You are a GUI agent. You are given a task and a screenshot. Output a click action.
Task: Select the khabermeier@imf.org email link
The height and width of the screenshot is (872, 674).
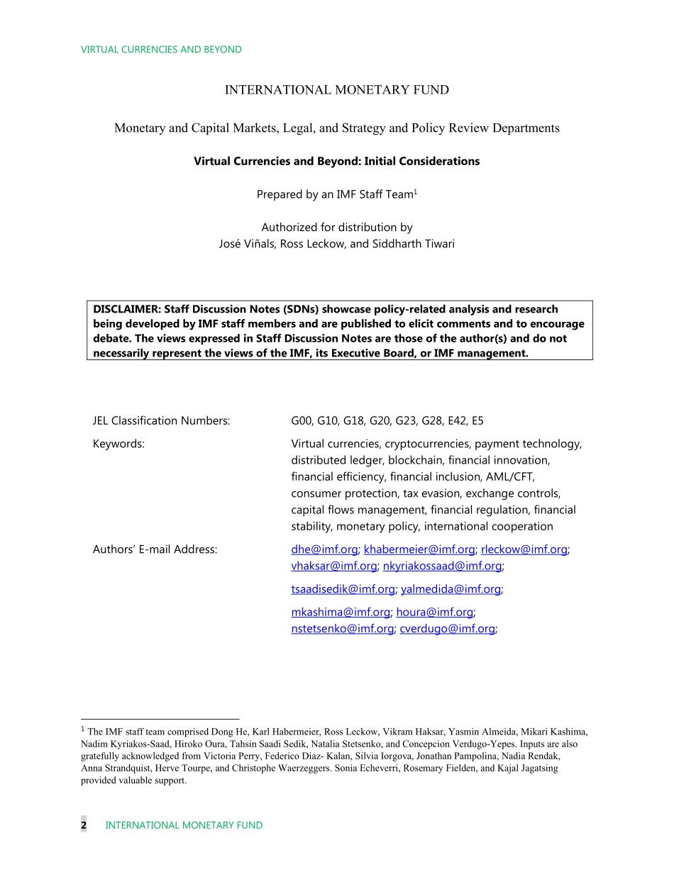coord(419,549)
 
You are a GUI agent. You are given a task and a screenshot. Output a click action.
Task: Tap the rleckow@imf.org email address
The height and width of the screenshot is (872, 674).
coord(524,549)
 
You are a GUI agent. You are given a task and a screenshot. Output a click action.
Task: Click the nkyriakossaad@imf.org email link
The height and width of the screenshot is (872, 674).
coord(442,566)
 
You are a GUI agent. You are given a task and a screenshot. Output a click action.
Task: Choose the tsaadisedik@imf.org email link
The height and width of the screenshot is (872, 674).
coord(343,589)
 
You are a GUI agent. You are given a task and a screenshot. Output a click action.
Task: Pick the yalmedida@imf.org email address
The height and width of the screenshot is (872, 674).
coord(451,589)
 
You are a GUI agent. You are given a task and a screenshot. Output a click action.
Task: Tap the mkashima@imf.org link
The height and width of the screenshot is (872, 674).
coord(341,613)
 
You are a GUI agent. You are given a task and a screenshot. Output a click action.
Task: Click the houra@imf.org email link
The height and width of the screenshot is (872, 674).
coord(434,613)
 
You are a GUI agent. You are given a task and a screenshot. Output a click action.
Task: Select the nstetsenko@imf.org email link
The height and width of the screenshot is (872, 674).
coord(342,629)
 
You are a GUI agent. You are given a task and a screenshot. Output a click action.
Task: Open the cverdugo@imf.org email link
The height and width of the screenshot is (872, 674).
coord(447,629)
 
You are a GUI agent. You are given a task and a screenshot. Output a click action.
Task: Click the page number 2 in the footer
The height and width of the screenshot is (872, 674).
coord(84,825)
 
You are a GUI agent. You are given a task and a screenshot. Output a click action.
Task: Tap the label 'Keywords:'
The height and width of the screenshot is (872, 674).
coord(118,444)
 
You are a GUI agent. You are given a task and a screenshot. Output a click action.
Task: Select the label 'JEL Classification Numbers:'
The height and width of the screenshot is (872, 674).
coord(161,421)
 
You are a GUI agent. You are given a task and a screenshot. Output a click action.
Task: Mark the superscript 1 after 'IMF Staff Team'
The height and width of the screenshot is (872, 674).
coord(416,191)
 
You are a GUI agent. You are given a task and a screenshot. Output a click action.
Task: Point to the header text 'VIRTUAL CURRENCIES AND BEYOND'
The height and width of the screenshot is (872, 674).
coord(161,50)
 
